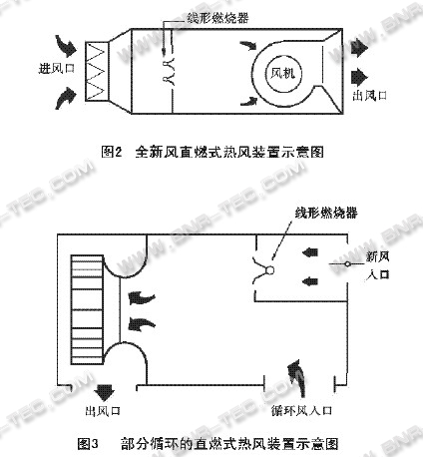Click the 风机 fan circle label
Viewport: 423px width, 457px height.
click(282, 74)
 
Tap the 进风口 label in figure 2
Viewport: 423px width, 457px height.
click(57, 69)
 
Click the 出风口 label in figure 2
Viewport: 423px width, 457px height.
click(370, 96)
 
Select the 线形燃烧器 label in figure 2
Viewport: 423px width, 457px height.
click(217, 18)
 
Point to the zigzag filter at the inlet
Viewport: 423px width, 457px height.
click(96, 71)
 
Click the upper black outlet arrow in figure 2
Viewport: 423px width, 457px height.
click(359, 48)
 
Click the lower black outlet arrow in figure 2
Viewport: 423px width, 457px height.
click(359, 77)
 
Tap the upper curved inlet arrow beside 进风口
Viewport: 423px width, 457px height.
click(67, 45)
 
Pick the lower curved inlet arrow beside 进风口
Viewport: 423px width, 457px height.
click(66, 99)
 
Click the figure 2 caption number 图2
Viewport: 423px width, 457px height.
click(112, 152)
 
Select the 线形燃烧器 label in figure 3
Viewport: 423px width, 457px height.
click(326, 213)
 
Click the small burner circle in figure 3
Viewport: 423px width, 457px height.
click(270, 270)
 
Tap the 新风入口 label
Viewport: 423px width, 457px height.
click(378, 265)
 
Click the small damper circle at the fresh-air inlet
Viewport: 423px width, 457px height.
click(347, 264)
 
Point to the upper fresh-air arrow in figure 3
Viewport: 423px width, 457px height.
click(310, 252)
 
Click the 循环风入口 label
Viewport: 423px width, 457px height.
click(301, 411)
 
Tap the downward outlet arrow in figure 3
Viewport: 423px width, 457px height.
click(104, 392)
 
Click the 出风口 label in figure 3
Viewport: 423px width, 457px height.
click(103, 411)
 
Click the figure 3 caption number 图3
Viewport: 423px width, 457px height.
click(88, 444)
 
